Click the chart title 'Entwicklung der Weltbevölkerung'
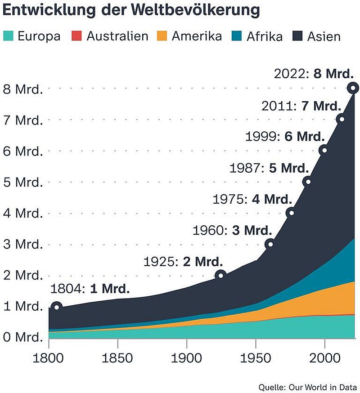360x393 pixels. tap(131, 10)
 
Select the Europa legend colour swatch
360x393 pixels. tap(9, 36)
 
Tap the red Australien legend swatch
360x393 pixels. tap(77, 36)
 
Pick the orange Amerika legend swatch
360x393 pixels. tap(162, 36)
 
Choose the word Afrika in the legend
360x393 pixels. tap(265, 36)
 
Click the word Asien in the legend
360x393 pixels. tap(324, 36)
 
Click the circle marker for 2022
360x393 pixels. tap(353, 88)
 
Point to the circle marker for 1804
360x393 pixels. tap(56, 307)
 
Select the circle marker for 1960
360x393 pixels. tap(270, 244)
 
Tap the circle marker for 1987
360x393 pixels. tap(307, 182)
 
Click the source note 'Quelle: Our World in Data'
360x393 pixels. tap(308, 387)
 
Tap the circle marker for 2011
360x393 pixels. tap(341, 119)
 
